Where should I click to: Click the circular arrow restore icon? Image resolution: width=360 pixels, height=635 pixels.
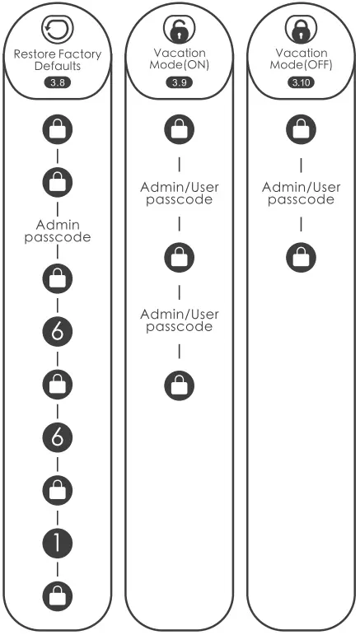pos(58,31)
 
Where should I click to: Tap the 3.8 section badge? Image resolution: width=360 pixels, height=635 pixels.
pos(58,82)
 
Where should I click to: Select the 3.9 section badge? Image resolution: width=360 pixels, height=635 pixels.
pos(179,83)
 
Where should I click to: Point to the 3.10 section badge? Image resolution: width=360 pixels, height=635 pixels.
pos(300,83)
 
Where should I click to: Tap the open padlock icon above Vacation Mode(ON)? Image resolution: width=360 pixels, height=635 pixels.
pos(179,30)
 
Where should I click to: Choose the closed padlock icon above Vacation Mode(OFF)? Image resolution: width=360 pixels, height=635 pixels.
pos(300,30)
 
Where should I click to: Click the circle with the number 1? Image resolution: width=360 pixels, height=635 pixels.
pos(58,541)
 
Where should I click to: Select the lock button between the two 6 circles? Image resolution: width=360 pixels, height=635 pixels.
pos(58,382)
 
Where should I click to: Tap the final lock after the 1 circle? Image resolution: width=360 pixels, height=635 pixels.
pos(58,594)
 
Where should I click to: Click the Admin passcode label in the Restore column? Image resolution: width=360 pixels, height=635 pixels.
pos(58,231)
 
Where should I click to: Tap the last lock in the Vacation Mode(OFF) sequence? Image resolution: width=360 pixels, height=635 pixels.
pos(300,257)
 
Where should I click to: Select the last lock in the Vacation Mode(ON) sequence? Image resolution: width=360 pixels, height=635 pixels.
pos(179,384)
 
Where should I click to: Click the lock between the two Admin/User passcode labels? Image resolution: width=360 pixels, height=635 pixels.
pos(179,257)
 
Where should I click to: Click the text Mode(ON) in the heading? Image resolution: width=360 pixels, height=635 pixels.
pos(179,66)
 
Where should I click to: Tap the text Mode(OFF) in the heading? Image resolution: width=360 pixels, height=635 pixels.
pos(300,66)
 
